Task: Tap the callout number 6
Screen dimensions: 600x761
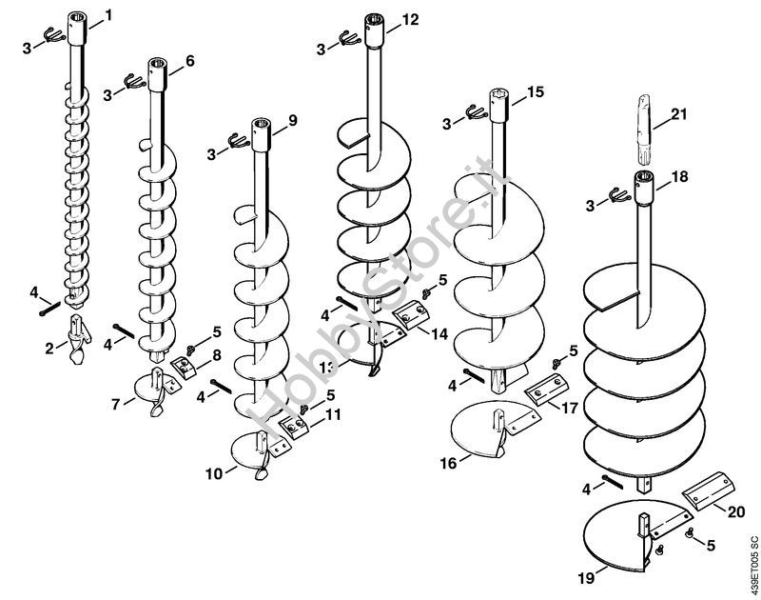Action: coord(189,60)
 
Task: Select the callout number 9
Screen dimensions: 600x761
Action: coord(292,119)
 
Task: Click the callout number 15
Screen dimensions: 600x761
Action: coord(535,91)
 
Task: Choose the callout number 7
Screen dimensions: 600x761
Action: coord(116,404)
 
